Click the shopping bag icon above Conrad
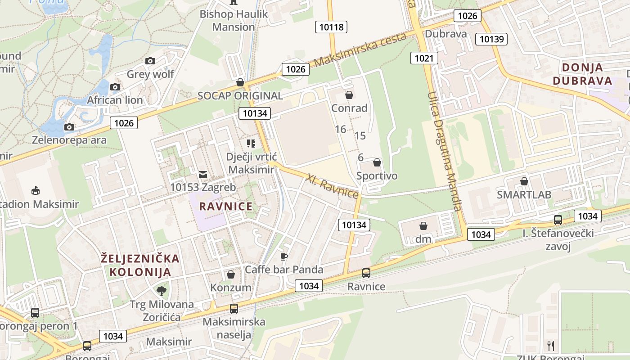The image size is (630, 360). tap(349, 95)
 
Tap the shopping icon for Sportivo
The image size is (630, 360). tap(377, 162)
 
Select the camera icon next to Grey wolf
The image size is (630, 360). tap(150, 61)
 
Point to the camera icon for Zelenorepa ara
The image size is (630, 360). tap(69, 127)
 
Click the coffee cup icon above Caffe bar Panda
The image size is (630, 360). tap(283, 256)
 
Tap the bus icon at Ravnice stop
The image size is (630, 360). tap(366, 273)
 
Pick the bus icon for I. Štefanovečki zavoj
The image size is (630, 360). tap(558, 220)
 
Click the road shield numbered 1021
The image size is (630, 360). tap(424, 58)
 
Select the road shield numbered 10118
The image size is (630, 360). tap(331, 27)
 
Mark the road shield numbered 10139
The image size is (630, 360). tap(491, 39)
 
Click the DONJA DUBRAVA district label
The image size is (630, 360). tap(583, 74)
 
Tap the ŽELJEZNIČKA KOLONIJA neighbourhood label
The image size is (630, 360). tap(140, 265)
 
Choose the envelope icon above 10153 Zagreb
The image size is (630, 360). tap(203, 174)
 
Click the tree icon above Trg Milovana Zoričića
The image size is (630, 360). tap(161, 291)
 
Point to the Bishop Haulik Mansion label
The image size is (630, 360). tap(234, 20)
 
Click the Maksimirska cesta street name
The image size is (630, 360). tap(360, 49)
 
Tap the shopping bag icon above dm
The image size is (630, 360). tap(423, 225)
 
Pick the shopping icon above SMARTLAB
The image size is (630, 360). tap(524, 181)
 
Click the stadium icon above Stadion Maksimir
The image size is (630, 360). tap(36, 191)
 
